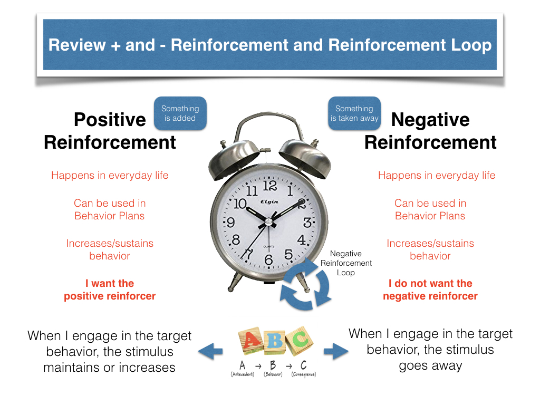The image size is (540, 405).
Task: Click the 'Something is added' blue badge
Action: coord(180,113)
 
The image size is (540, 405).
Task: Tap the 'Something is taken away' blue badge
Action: coord(354,113)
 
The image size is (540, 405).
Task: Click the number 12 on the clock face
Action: coord(269,185)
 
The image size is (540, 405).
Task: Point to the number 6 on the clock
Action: coord(268,259)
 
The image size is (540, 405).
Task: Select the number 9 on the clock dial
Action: coord(230,223)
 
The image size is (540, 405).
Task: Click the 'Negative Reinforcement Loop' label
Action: coord(346,263)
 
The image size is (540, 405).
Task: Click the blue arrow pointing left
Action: coord(209,351)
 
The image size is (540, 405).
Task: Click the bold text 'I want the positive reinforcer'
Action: coord(110,290)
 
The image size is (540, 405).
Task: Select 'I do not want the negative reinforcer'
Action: coord(430,290)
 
